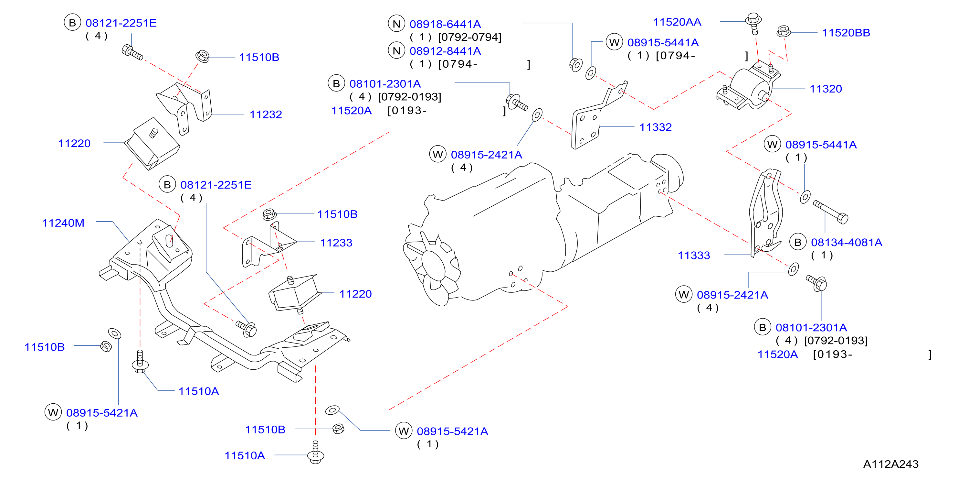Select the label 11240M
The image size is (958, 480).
pos(63,223)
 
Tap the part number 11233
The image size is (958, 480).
pos(336,243)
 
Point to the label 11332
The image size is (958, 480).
pos(655,127)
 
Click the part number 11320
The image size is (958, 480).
pos(826,89)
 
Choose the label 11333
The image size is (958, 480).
pos(694,256)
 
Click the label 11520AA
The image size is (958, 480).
pos(677,22)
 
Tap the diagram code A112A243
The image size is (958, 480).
pos(891,464)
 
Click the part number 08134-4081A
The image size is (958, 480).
pos(847,242)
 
